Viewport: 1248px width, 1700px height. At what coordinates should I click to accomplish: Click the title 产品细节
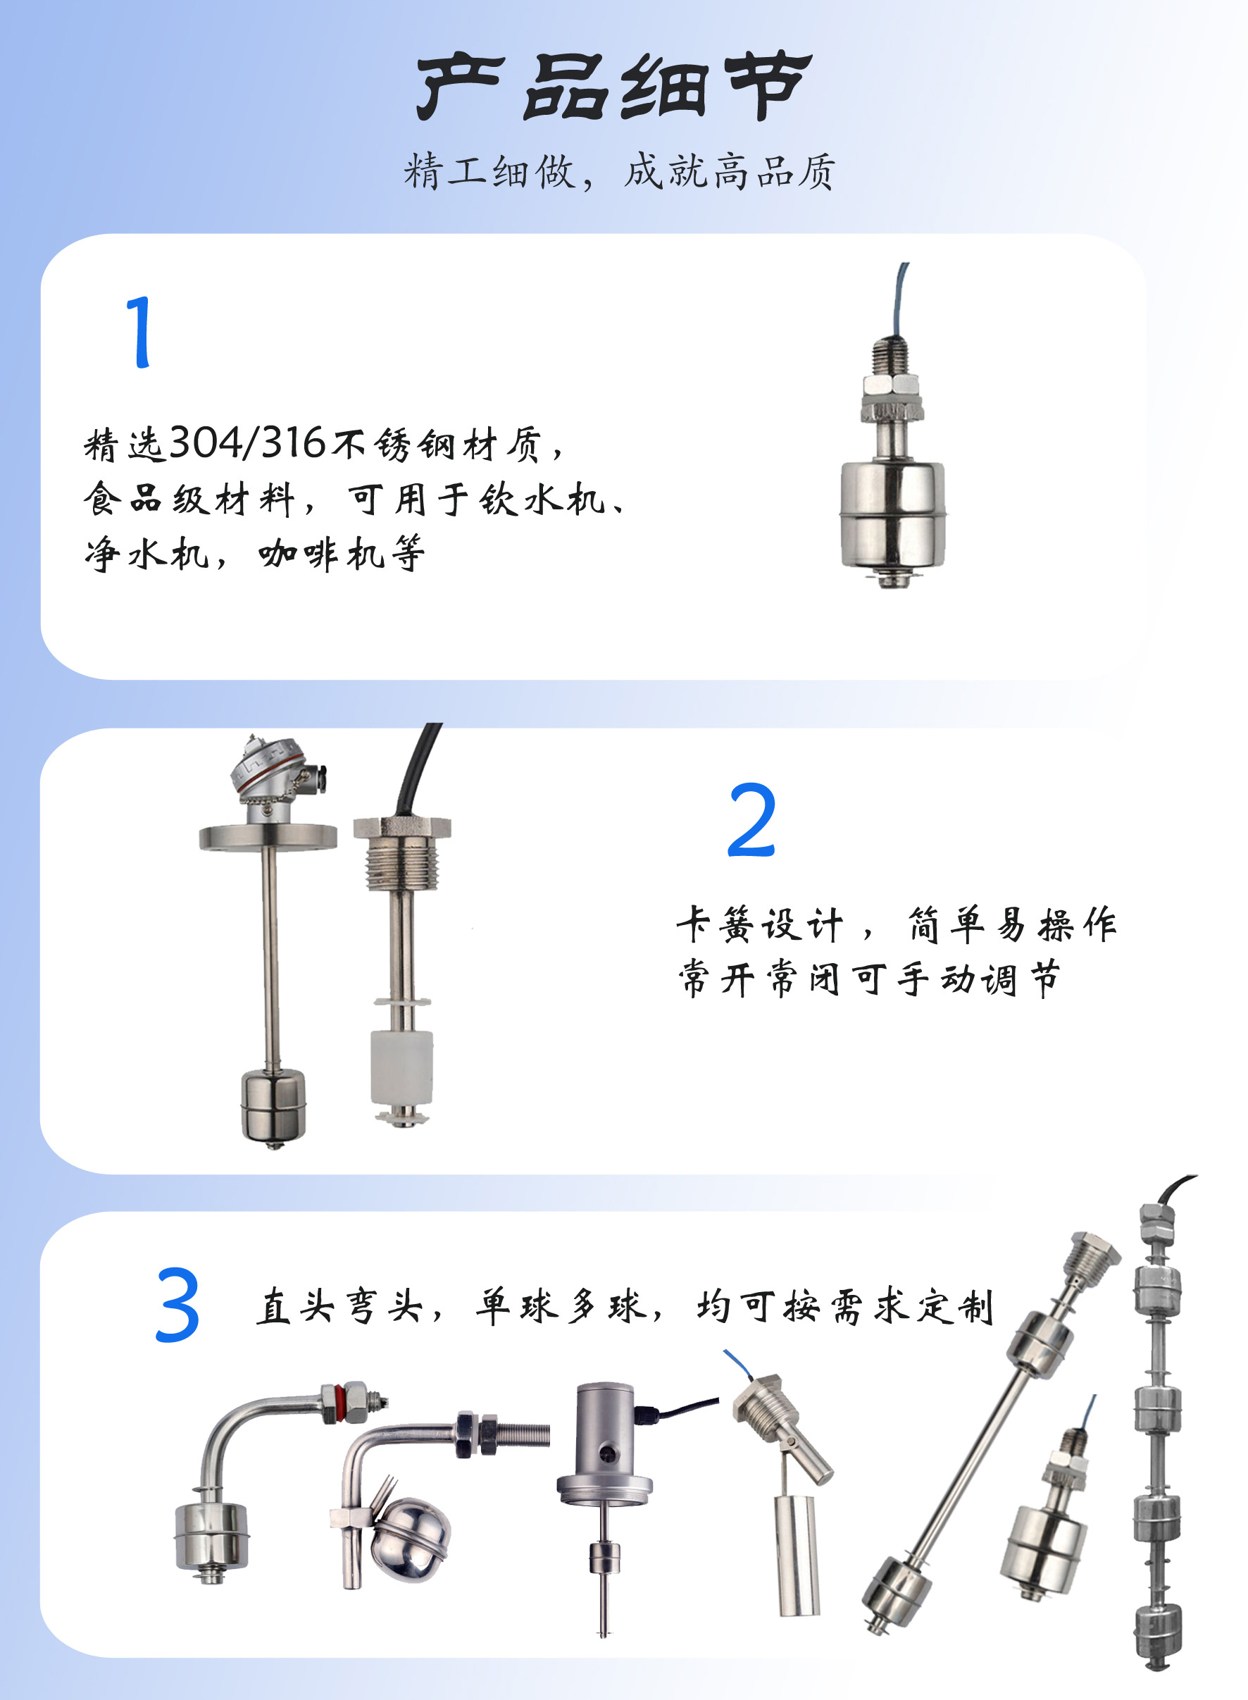[x=614, y=86]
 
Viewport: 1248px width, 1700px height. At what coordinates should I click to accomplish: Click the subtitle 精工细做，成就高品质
[x=620, y=171]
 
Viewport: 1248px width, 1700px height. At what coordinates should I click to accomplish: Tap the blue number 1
[x=139, y=333]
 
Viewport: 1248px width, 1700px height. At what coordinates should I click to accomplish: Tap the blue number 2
[x=751, y=820]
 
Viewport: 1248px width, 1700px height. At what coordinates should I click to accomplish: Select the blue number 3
[x=177, y=1305]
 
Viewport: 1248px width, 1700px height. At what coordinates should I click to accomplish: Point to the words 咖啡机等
[x=342, y=554]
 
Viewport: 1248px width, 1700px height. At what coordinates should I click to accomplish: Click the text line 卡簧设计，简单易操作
[x=897, y=924]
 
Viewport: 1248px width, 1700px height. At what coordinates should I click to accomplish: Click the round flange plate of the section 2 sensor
[x=268, y=838]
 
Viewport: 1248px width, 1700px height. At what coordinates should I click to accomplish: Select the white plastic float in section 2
[x=402, y=1068]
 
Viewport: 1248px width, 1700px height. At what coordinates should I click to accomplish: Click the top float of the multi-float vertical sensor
[x=1156, y=1291]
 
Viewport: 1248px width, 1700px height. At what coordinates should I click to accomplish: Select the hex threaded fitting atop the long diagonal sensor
[x=1091, y=1258]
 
